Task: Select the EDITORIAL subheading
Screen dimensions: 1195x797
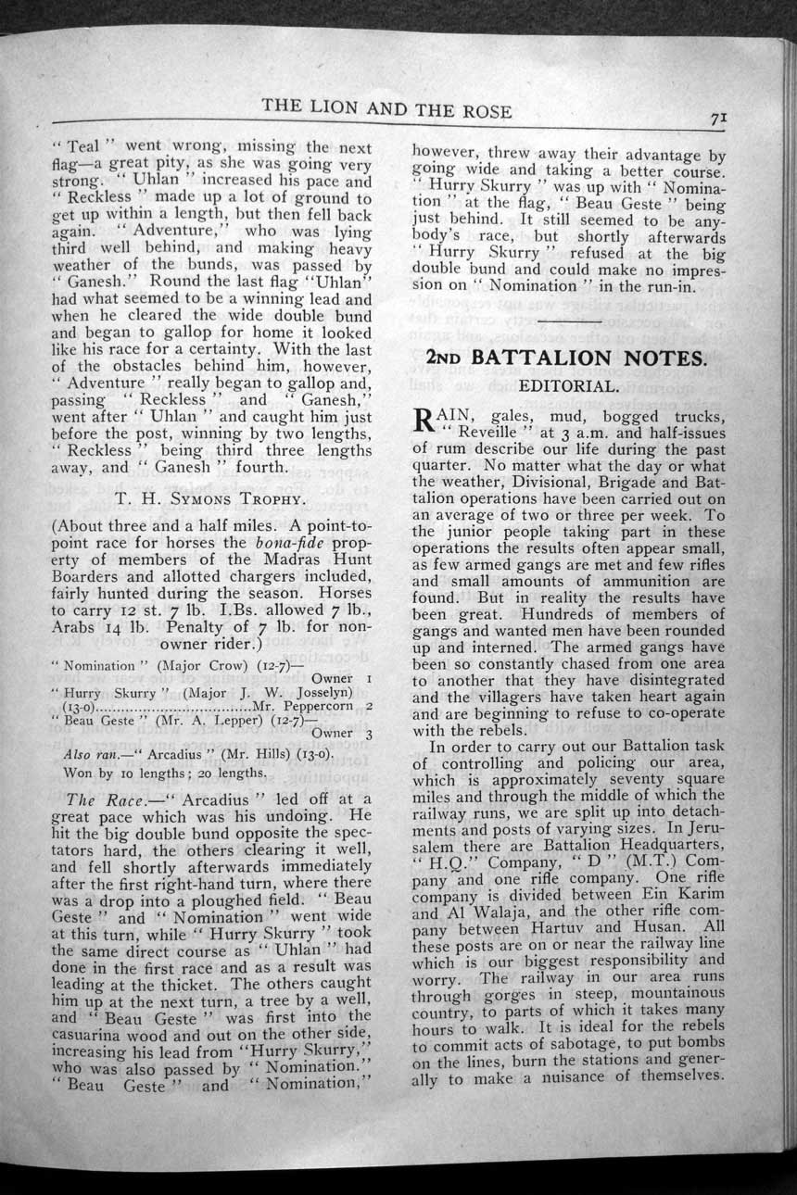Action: (568, 385)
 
